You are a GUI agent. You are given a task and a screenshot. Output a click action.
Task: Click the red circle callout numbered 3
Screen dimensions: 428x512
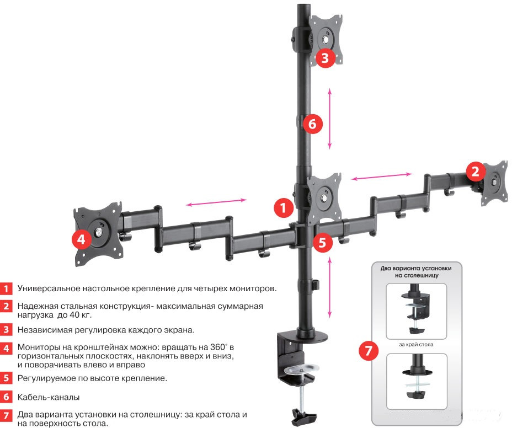pos(326,57)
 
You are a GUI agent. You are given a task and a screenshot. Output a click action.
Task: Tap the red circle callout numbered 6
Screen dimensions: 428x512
pos(312,125)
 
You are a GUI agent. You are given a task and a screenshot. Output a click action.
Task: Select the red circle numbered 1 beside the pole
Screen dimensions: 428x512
pos(283,208)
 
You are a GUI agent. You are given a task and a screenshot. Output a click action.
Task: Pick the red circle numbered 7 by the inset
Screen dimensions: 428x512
pos(369,351)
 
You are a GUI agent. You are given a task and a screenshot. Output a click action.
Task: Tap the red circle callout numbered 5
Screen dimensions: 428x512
pos(323,242)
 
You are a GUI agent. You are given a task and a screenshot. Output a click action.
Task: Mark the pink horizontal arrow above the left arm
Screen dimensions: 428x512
pos(216,203)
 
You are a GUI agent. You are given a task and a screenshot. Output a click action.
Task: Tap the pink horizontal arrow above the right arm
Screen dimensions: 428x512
pos(382,176)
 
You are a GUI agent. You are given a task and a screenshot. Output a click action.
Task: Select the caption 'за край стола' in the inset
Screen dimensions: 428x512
pos(416,345)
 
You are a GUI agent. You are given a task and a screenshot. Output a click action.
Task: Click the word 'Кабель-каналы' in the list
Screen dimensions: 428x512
pos(48,397)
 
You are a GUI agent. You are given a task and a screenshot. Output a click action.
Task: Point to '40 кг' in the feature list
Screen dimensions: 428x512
pos(81,315)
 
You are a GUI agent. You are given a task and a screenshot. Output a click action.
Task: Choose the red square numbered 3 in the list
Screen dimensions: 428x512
pos(6,330)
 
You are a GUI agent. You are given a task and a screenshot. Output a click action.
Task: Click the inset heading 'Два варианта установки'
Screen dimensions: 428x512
pos(416,268)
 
